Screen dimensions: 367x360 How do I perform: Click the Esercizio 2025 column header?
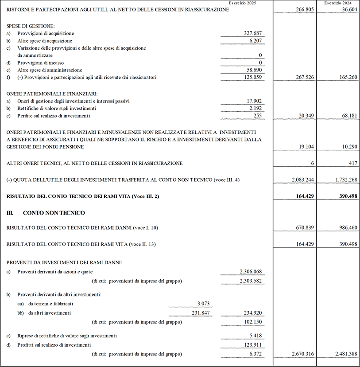[x=242, y=3]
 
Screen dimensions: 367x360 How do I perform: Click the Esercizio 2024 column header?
[x=337, y=3]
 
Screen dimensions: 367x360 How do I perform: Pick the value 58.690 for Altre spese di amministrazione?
[x=255, y=70]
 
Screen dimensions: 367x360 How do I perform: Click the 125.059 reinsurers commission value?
[x=253, y=77]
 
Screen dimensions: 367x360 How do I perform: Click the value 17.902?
[x=255, y=101]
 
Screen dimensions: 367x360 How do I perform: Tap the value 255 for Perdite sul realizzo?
[x=259, y=116]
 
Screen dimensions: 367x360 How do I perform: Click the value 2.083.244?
[x=299, y=179]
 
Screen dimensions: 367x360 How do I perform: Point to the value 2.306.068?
[x=251, y=272]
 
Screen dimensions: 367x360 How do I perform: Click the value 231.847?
[x=201, y=313]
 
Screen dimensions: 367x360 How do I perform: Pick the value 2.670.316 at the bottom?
[x=299, y=354]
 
